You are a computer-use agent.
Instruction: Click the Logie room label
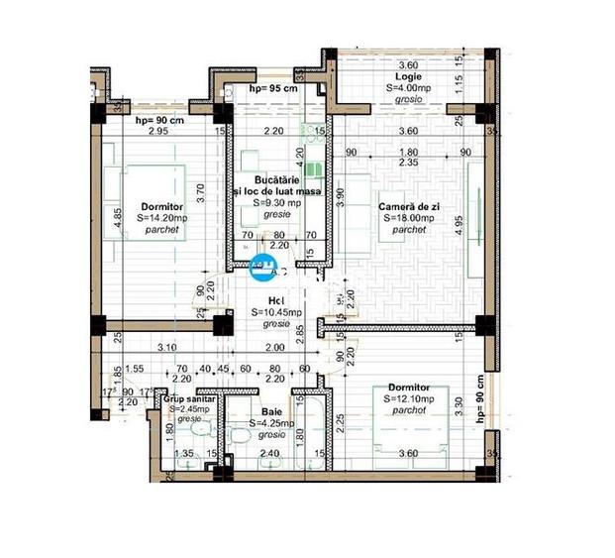[x=408, y=75]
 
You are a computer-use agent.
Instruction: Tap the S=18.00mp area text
[x=407, y=218]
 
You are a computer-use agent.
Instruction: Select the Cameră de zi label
[x=408, y=206]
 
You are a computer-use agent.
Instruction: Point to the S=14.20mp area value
[x=161, y=217]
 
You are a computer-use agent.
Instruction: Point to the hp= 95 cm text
[x=273, y=89]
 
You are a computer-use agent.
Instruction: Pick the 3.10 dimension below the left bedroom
[x=167, y=347]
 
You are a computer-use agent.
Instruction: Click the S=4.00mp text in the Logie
[x=407, y=87]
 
